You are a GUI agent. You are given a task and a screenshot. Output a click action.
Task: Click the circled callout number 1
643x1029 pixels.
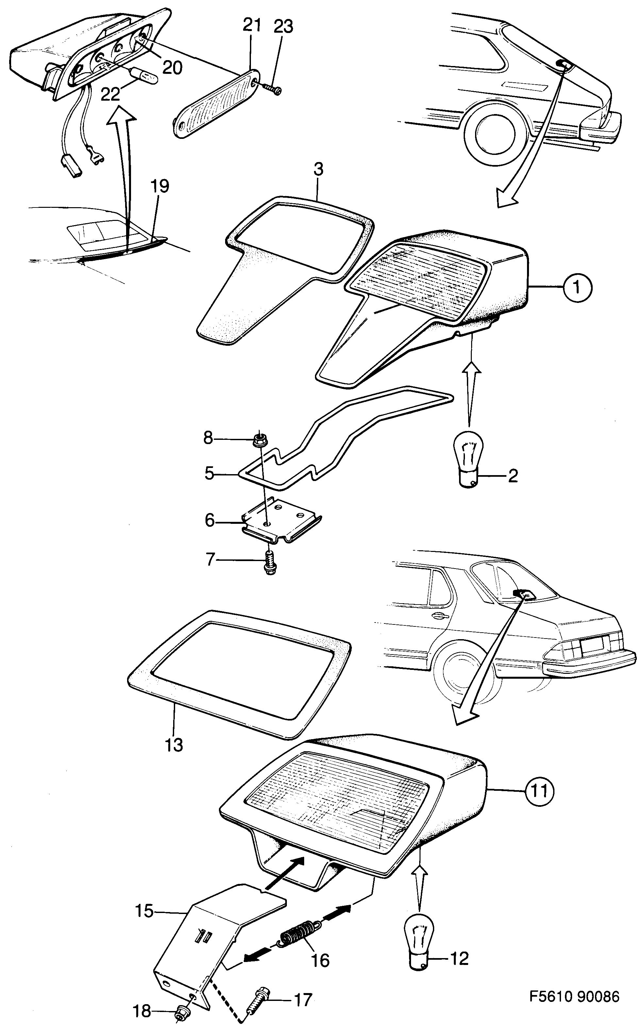pos(577,288)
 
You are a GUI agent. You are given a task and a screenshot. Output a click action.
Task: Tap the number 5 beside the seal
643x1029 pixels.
pos(209,473)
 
